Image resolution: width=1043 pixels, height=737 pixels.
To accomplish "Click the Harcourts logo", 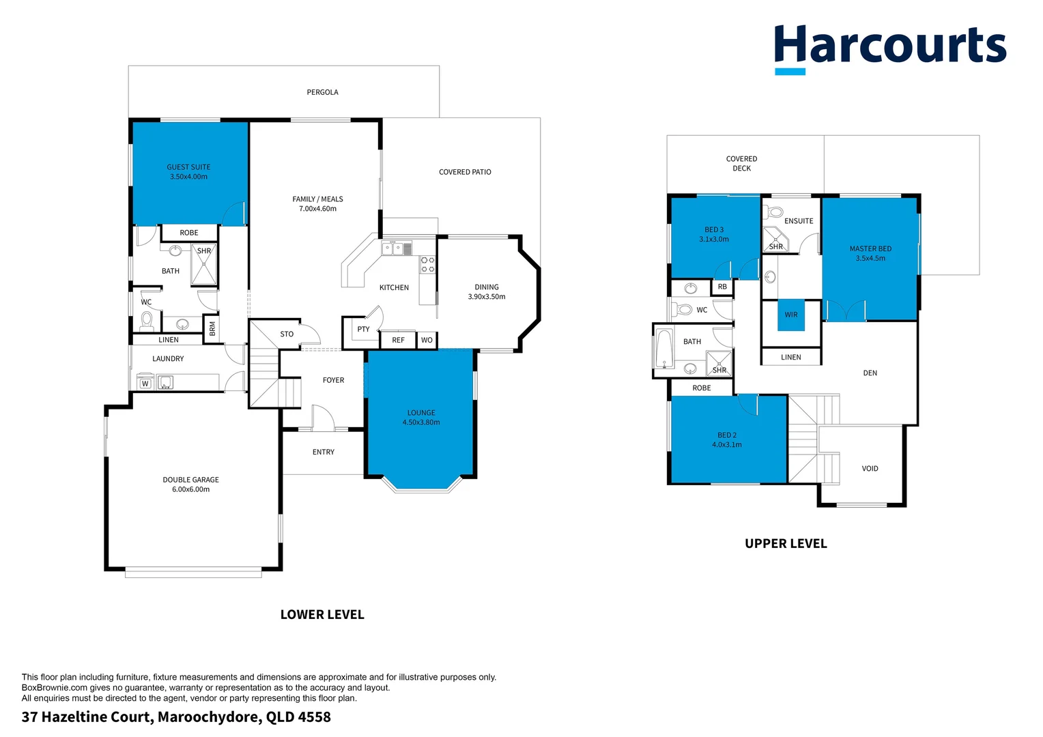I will click(x=889, y=48).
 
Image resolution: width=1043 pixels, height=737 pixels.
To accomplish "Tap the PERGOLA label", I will click(x=322, y=92).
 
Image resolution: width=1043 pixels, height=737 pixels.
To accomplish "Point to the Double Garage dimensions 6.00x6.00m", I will click(x=190, y=489).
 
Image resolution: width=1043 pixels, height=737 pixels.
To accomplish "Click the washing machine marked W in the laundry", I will click(x=145, y=383).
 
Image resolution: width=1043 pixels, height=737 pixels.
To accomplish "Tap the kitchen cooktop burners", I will click(x=428, y=265).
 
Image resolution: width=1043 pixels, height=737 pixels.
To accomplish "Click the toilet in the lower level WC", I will click(x=147, y=319).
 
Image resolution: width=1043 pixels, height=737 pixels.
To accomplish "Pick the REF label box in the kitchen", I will click(x=398, y=340).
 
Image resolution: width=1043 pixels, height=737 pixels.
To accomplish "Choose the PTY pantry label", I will click(x=363, y=329).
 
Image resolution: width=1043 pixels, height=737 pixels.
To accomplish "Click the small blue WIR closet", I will click(x=791, y=315).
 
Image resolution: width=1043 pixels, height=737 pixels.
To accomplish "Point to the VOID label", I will click(x=870, y=469).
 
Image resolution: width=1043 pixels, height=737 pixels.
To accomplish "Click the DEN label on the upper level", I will click(x=870, y=373).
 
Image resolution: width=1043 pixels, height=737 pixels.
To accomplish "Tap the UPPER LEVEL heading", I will click(x=786, y=544).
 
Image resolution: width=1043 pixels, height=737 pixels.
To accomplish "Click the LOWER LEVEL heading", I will click(x=322, y=615).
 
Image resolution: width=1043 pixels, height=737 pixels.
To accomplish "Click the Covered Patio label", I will click(x=465, y=172).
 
